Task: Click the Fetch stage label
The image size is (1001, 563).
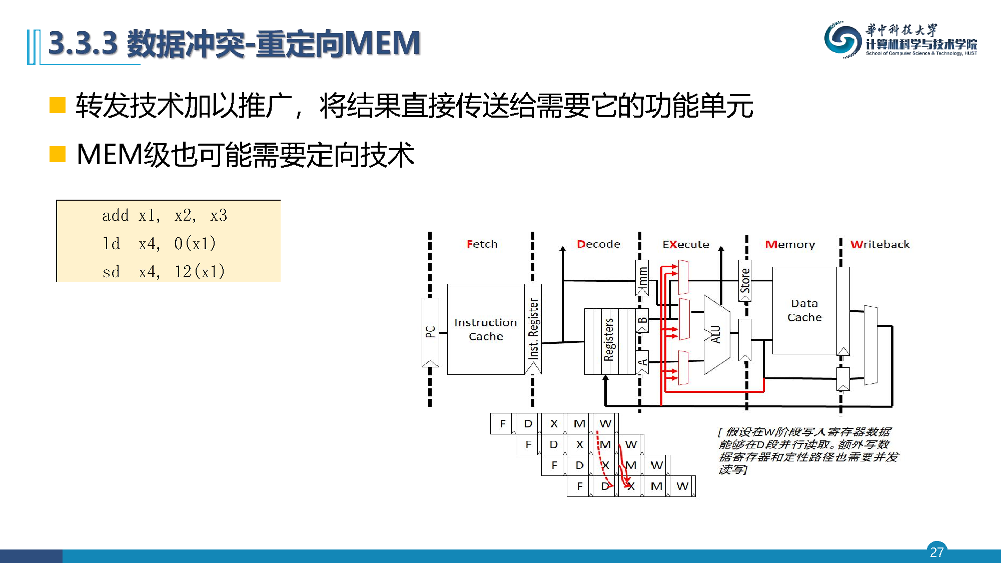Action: click(x=482, y=244)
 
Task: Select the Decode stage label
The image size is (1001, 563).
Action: click(x=598, y=244)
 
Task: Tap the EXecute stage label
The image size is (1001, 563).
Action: click(x=685, y=245)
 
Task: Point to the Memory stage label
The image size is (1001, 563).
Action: click(x=790, y=245)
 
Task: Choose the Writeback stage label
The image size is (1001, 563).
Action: click(x=880, y=245)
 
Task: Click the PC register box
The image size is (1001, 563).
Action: click(x=430, y=332)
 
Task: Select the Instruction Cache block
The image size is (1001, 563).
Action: click(x=485, y=329)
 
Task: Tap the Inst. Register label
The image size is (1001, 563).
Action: click(x=534, y=329)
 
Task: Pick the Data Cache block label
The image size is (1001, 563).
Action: click(x=804, y=310)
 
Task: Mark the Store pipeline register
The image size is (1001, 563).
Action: click(x=745, y=281)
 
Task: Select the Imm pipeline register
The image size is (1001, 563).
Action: click(x=642, y=278)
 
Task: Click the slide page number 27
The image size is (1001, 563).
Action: click(x=936, y=551)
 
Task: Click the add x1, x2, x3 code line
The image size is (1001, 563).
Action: click(x=165, y=216)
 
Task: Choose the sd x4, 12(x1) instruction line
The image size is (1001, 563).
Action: click(x=164, y=272)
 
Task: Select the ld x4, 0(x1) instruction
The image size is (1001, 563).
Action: click(x=159, y=244)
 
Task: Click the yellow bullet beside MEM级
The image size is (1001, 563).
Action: click(x=58, y=154)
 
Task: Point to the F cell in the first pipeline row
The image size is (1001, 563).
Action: click(x=502, y=424)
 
